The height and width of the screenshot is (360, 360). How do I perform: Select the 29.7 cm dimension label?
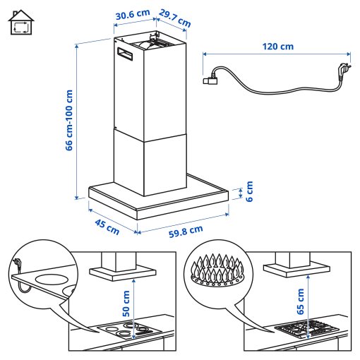[x=174, y=18]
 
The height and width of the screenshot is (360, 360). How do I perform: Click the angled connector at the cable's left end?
[x=210, y=80]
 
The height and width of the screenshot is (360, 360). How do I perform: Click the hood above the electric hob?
[x=117, y=266]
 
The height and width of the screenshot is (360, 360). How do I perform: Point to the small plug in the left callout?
[x=16, y=265]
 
